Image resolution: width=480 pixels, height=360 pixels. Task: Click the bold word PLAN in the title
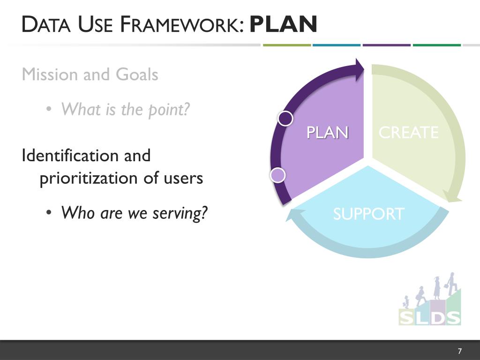coord(284,25)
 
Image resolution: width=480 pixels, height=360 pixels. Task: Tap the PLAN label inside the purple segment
coord(328,133)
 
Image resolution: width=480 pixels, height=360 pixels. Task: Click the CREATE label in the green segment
coord(408,133)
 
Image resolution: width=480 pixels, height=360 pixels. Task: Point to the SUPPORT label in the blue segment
coord(368,214)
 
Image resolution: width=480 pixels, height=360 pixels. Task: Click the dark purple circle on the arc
coord(285,119)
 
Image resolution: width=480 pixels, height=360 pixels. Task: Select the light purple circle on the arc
coord(278,175)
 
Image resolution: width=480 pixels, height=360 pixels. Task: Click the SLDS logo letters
coord(430,317)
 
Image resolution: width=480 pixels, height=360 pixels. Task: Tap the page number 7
coord(459,351)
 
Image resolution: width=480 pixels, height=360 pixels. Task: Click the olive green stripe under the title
coord(287,45)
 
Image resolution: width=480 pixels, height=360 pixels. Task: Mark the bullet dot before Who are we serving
coord(49,213)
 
